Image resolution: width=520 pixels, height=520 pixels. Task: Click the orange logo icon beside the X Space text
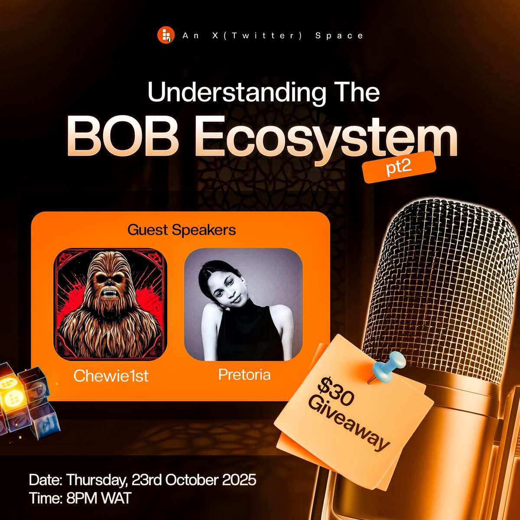click(x=166, y=35)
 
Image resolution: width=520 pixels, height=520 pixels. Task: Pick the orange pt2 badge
click(x=399, y=167)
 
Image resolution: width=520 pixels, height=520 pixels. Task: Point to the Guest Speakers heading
click(x=182, y=230)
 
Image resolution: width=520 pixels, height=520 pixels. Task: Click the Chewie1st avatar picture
click(x=110, y=304)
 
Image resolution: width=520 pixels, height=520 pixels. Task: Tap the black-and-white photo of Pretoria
click(x=243, y=304)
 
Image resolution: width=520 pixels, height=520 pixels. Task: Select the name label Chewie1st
click(x=111, y=376)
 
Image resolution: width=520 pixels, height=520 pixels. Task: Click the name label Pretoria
click(x=244, y=374)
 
